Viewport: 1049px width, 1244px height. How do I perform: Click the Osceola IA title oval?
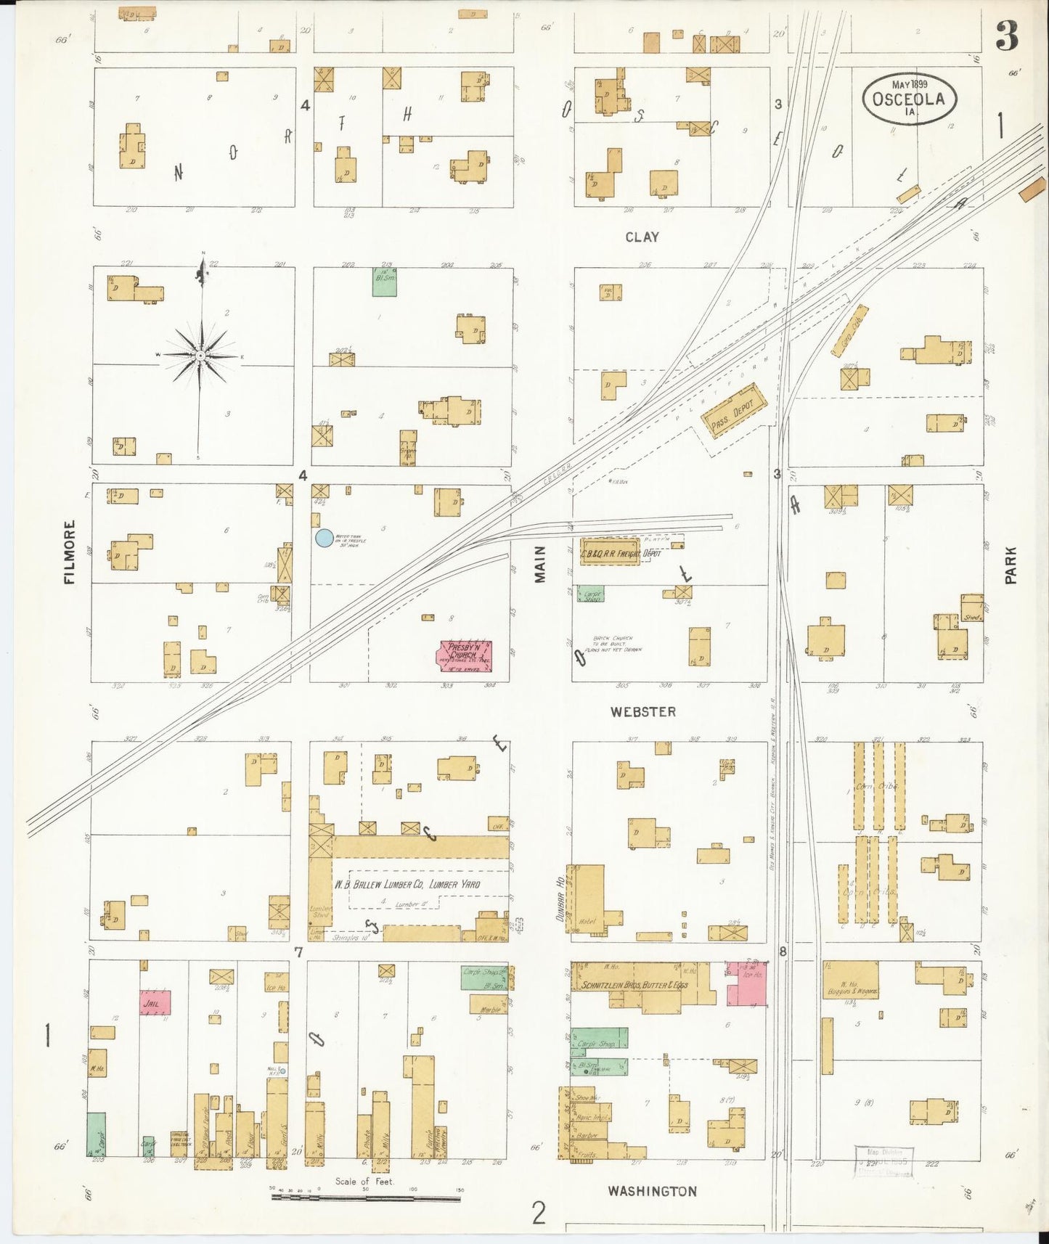pos(910,99)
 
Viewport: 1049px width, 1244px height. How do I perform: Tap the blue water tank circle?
pos(324,538)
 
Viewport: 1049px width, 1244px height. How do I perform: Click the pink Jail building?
pos(155,1002)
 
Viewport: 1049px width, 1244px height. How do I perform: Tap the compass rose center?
pos(200,356)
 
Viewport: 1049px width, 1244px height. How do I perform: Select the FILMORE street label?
pos(70,552)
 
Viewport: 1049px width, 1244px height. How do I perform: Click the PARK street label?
pos(1011,565)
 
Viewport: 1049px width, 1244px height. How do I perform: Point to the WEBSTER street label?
pos(642,712)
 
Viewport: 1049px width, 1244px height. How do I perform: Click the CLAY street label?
pos(642,237)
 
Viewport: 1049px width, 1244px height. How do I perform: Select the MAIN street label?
pos(540,565)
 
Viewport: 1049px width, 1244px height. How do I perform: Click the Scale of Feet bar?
pos(365,1198)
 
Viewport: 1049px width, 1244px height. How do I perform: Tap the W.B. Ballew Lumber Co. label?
pos(407,884)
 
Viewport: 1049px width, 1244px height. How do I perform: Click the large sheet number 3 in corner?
pos(1006,36)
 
